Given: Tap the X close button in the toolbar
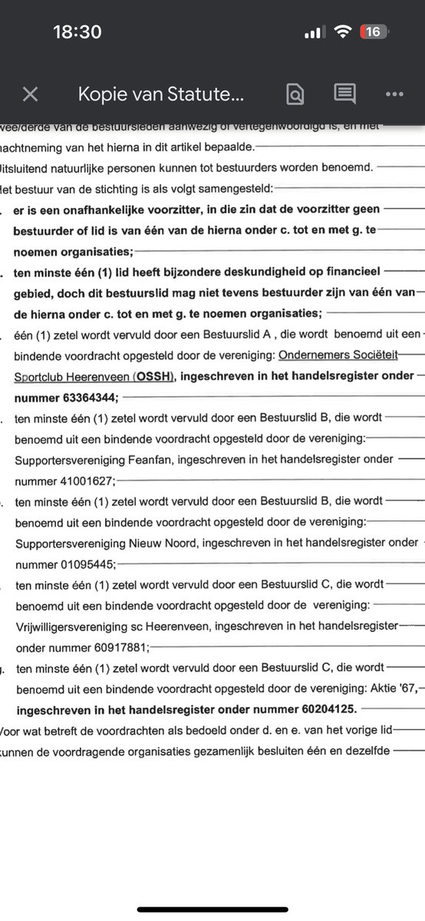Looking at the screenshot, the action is click(30, 94).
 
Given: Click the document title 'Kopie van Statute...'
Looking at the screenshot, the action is click(161, 94).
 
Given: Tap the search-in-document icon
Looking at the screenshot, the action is click(295, 94).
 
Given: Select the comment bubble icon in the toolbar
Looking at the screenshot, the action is click(344, 94).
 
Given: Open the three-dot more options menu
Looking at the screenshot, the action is click(394, 94).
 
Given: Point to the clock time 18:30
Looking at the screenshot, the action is click(77, 31).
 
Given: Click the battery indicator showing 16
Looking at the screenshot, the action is click(374, 31).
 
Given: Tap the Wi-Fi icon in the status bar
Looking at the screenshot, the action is click(343, 31).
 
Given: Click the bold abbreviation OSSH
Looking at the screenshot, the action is click(156, 376).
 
